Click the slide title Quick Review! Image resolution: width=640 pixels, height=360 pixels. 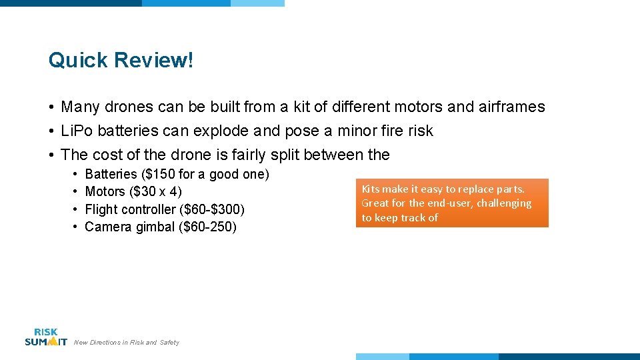[x=121, y=61]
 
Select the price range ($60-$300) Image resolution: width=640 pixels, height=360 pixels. [x=212, y=209]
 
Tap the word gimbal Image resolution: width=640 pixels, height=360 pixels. [x=155, y=227]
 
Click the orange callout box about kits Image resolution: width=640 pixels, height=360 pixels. [x=451, y=203]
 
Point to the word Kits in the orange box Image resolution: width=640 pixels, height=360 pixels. [x=370, y=189]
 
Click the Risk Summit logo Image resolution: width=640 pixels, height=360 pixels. [x=45, y=337]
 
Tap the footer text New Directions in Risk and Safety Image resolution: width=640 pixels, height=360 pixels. [x=127, y=343]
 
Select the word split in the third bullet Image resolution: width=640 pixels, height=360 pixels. [x=285, y=155]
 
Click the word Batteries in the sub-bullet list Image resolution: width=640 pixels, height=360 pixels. [x=111, y=175]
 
